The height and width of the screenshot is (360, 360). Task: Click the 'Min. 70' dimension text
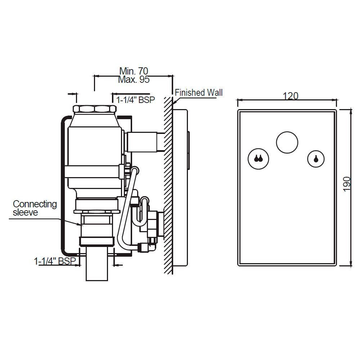(134, 71)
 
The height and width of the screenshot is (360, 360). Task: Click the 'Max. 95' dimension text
(134, 80)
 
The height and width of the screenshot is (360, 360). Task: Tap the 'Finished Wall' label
(199, 93)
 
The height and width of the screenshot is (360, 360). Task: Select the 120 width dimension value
(291, 96)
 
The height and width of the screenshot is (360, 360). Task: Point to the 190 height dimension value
(347, 184)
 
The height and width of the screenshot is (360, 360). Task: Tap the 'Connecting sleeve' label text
(35, 208)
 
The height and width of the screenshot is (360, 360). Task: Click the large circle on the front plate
(287, 141)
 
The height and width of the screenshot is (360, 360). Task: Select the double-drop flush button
(258, 159)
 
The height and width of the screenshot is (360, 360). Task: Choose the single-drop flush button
(316, 159)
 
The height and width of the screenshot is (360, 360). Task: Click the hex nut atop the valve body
(94, 109)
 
